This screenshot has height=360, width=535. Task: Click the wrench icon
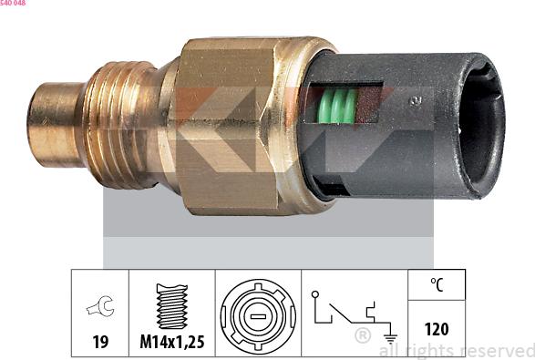[x=100, y=308]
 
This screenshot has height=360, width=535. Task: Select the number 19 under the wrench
[x=100, y=342]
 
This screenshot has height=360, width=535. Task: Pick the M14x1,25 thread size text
[x=171, y=342]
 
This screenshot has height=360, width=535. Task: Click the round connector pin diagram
[x=258, y=313]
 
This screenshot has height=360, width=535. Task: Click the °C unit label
[x=437, y=284]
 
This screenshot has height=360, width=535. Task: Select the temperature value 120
[x=437, y=329]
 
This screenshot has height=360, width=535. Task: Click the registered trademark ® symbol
[x=362, y=336]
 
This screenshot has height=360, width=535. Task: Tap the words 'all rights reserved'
[x=456, y=350]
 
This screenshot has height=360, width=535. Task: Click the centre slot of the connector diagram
[x=258, y=314]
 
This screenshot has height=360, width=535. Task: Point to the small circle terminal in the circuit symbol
[x=314, y=294]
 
